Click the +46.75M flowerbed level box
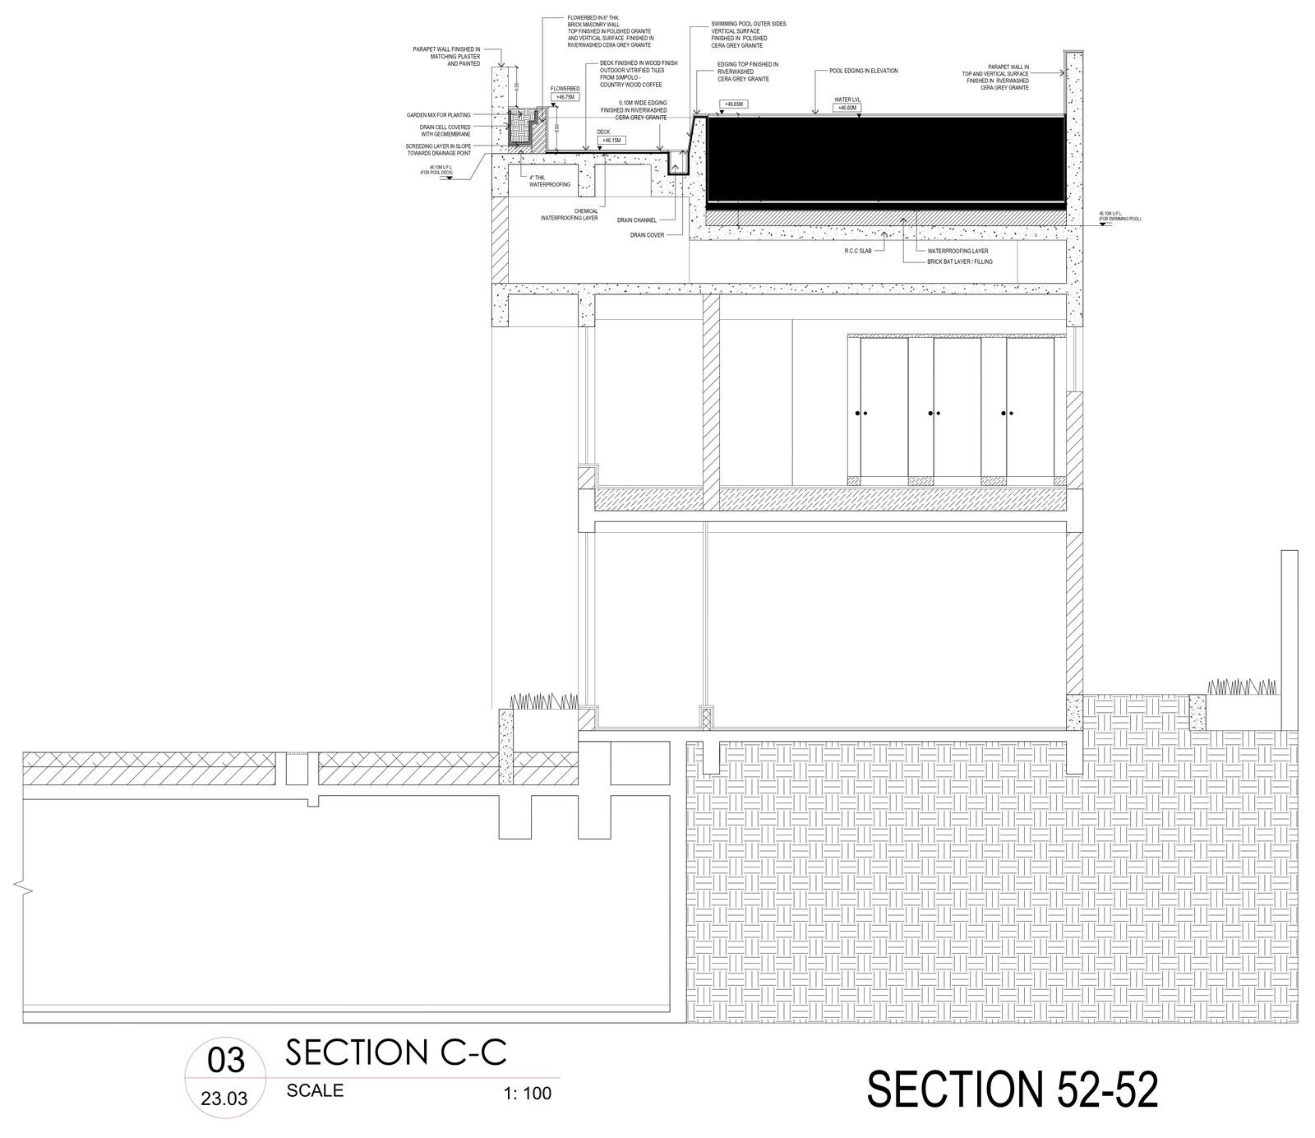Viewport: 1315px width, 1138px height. click(x=566, y=97)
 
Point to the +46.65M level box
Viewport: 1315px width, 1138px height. click(x=731, y=104)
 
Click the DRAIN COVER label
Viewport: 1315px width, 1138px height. click(x=648, y=234)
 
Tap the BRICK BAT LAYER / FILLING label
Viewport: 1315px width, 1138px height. click(x=960, y=261)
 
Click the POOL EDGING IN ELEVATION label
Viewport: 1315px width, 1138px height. click(x=863, y=72)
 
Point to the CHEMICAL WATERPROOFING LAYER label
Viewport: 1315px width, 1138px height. click(x=569, y=215)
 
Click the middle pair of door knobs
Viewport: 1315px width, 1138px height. click(x=933, y=412)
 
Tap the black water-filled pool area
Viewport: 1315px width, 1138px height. click(x=884, y=160)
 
